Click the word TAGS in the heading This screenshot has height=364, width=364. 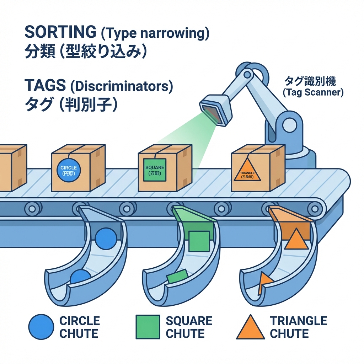click(x=45, y=86)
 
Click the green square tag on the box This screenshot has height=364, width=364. click(x=155, y=170)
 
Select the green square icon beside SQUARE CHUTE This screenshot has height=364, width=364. click(x=148, y=327)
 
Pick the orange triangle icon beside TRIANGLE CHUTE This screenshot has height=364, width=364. click(x=250, y=327)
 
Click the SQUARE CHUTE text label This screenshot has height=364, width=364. click(x=189, y=327)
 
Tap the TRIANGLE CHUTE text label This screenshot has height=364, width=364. click(x=298, y=327)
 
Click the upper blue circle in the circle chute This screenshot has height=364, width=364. click(x=106, y=239)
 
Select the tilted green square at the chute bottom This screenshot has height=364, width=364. click(x=177, y=276)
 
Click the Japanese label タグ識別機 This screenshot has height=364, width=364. click(x=310, y=81)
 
